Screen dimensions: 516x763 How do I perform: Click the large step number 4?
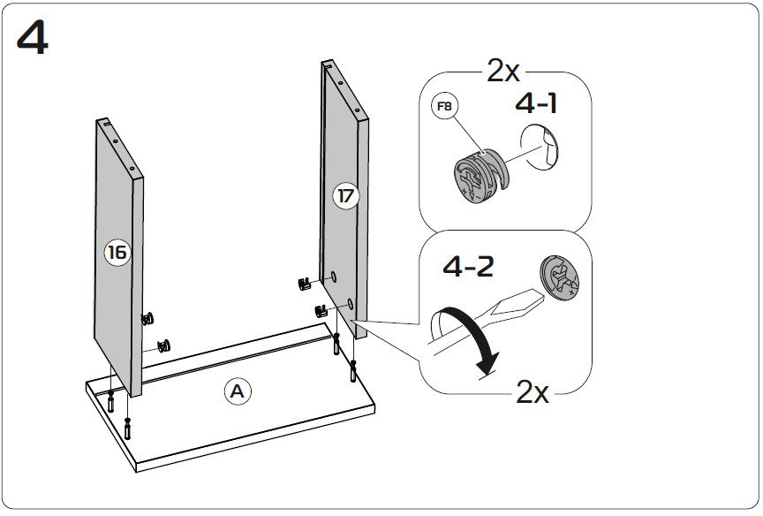[x=33, y=38]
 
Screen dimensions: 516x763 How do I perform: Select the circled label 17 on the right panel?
[x=346, y=196]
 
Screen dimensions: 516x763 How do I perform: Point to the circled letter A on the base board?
[x=236, y=391]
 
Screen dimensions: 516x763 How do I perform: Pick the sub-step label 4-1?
[x=536, y=104]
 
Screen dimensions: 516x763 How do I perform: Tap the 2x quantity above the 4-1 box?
[x=503, y=71]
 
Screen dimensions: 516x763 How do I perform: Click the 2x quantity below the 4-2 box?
[x=533, y=391]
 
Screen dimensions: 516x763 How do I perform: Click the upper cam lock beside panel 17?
[x=306, y=284]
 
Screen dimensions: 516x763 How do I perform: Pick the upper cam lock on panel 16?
[x=147, y=318]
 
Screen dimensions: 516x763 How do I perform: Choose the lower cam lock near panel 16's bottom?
[x=163, y=345]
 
